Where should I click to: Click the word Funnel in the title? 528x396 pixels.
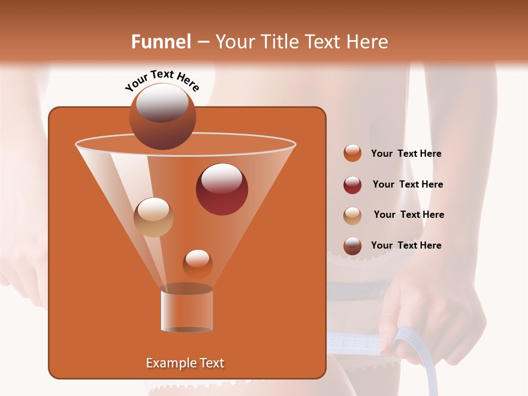[161, 42]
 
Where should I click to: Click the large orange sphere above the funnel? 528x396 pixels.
[162, 117]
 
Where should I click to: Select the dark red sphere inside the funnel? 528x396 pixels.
[222, 189]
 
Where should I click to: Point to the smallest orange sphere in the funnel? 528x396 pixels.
[197, 264]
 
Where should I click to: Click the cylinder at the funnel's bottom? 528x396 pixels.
[186, 310]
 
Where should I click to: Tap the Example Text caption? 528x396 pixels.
[185, 363]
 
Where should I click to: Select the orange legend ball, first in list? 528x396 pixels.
[352, 153]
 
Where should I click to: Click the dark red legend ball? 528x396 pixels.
[352, 185]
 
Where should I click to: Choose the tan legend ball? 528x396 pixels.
[352, 215]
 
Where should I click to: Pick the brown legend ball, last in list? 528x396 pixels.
[352, 246]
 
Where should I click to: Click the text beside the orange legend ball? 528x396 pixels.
[406, 154]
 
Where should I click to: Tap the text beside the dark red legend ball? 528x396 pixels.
[408, 185]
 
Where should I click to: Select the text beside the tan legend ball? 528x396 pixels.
[409, 215]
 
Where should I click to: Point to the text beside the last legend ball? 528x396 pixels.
[406, 246]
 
